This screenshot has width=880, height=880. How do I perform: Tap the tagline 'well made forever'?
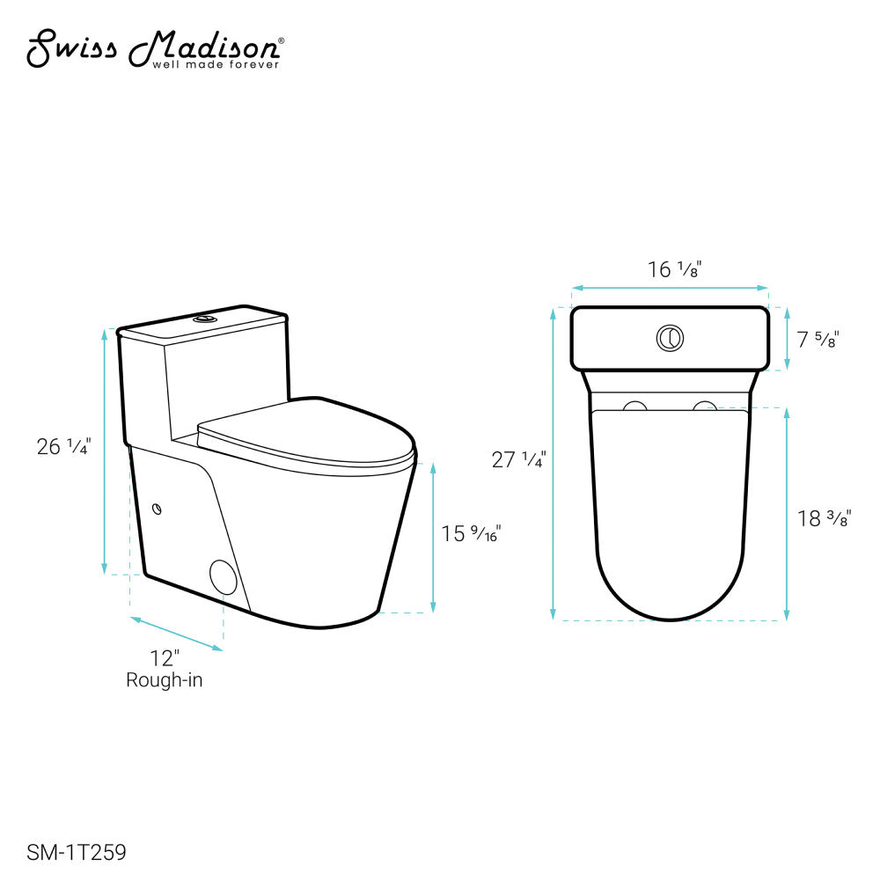[217, 64]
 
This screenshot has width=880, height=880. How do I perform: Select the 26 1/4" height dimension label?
[62, 447]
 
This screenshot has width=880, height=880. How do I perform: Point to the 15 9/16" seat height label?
[471, 532]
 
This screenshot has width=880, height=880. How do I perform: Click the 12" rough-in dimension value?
[164, 658]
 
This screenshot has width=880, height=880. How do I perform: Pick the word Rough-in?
[165, 680]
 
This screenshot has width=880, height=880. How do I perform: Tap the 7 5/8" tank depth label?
[818, 339]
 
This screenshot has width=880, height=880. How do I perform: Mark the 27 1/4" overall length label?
[519, 459]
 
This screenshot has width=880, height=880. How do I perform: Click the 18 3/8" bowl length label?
[822, 519]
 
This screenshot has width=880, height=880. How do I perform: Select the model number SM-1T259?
[77, 852]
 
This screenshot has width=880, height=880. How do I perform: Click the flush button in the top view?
[670, 337]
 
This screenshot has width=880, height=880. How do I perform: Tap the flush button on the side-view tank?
[206, 317]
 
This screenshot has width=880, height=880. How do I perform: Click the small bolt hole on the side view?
[158, 508]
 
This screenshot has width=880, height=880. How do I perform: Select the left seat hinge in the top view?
[634, 405]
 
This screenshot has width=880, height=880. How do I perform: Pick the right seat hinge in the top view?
[705, 405]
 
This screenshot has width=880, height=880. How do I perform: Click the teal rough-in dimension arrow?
[177, 634]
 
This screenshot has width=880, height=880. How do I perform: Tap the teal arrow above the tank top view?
[670, 288]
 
